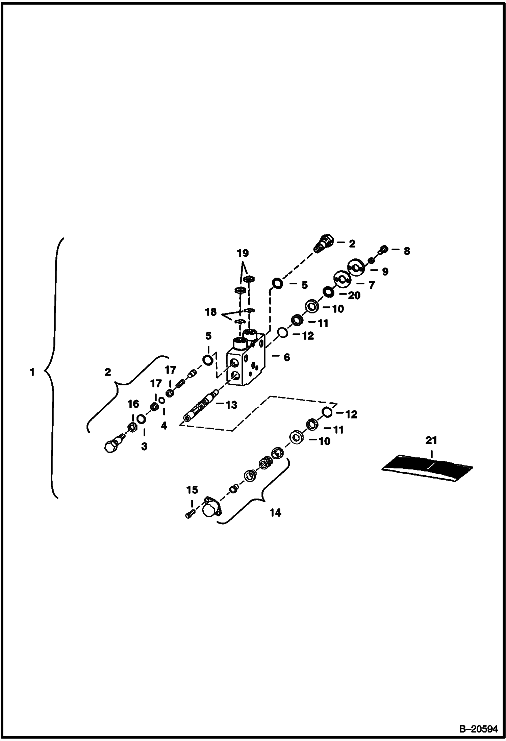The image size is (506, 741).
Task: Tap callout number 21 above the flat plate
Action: pos(431,441)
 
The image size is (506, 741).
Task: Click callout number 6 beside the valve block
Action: pos(286,357)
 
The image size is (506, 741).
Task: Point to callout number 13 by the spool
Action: pos(231,405)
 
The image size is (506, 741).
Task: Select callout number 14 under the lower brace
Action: pos(275,513)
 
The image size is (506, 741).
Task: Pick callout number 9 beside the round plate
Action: pos(385,272)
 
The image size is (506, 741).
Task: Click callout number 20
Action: pos(354,296)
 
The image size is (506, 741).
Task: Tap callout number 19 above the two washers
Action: pos(243,253)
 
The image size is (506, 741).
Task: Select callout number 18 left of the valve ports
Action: pos(211,312)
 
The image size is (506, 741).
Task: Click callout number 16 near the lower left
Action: pos(133,404)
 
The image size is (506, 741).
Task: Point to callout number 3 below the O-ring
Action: pos(144,446)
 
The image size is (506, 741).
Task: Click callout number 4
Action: pos(164,426)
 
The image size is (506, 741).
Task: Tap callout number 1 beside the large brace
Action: pos(32,373)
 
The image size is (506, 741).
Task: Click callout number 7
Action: pos(371,285)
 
